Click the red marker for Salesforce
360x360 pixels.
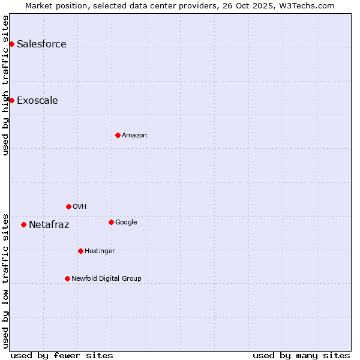[11, 44]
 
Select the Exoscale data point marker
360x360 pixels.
[11, 100]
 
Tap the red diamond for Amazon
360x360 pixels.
[118, 135]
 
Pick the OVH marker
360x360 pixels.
[68, 206]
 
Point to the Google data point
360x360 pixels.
[111, 222]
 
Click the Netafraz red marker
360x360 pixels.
[23, 224]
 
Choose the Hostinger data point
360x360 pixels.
[80, 251]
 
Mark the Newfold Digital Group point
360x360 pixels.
[67, 278]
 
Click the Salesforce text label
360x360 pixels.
[41, 44]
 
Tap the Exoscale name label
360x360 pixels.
[37, 100]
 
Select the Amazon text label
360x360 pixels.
[134, 135]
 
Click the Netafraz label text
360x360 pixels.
[49, 225]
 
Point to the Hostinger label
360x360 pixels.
[100, 251]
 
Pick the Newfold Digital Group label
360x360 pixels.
[106, 278]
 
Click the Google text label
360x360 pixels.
[126, 222]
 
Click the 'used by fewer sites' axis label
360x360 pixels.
[62, 355]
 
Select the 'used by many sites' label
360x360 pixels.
[301, 355]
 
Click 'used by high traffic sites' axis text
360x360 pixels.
[5, 85]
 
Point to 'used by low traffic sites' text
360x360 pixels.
[5, 280]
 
